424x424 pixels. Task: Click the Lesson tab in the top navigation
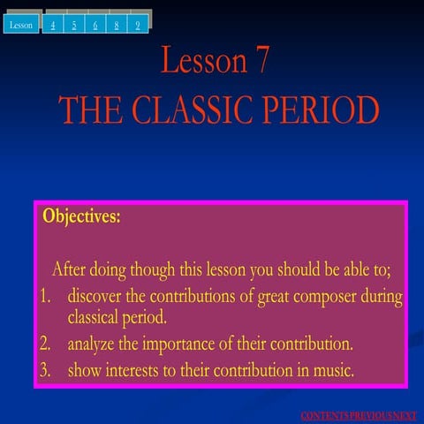pyautogui.click(x=21, y=25)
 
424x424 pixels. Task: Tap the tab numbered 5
pyautogui.click(x=75, y=25)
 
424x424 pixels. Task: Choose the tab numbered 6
pyautogui.click(x=95, y=25)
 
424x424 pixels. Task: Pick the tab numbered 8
pyautogui.click(x=117, y=25)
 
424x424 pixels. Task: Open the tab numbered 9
pyautogui.click(x=139, y=25)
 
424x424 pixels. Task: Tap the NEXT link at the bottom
pyautogui.click(x=404, y=415)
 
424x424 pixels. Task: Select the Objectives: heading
pyautogui.click(x=81, y=216)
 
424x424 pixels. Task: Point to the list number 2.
pyautogui.click(x=47, y=342)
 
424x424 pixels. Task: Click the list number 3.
pyautogui.click(x=47, y=369)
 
